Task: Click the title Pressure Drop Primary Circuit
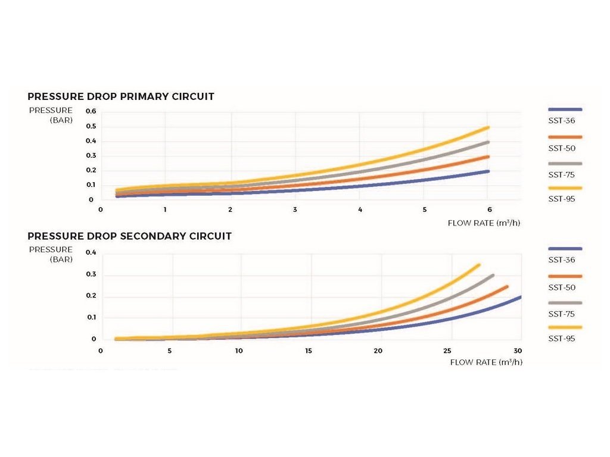121,96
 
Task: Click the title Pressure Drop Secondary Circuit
129,236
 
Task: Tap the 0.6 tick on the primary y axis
91,111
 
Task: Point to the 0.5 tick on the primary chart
91,126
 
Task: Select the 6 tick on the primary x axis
490,209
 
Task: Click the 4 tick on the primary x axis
360,209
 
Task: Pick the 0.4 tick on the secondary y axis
91,253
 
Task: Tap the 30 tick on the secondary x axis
518,350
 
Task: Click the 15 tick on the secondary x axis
309,350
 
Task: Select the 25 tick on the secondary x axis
448,350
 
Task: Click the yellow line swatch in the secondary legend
564,327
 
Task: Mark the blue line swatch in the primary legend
564,109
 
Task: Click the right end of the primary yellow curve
488,127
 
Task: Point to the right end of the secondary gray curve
493,276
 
